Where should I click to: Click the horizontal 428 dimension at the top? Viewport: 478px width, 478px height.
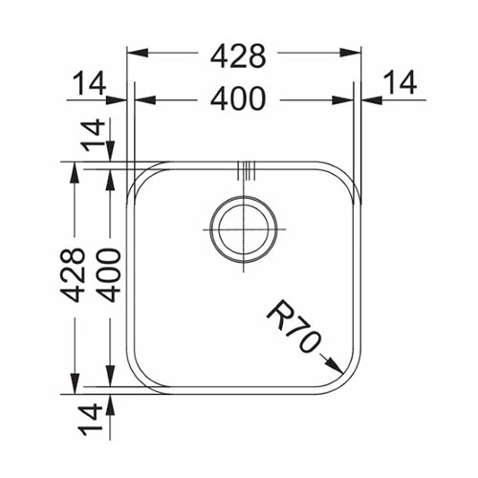[x=238, y=56]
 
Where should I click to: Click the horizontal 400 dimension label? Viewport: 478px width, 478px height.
[x=238, y=99]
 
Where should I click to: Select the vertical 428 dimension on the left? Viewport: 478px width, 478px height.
[x=76, y=274]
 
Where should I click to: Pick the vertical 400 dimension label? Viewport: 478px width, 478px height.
[x=109, y=275]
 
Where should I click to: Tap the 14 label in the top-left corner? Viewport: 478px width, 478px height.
[x=89, y=83]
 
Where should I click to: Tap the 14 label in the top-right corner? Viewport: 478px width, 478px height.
[x=401, y=82]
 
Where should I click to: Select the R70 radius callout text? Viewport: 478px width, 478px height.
[x=293, y=326]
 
